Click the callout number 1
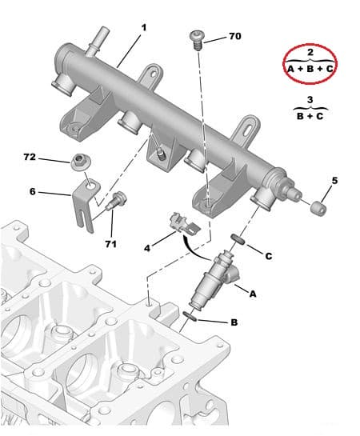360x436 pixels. pyautogui.click(x=143, y=28)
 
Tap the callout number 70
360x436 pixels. pyautogui.click(x=234, y=37)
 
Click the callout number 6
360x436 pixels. pyautogui.click(x=33, y=192)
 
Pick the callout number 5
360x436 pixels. pyautogui.click(x=334, y=181)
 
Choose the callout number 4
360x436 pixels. pyautogui.click(x=146, y=247)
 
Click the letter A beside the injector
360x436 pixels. pyautogui.click(x=253, y=294)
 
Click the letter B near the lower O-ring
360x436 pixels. pyautogui.click(x=234, y=322)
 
